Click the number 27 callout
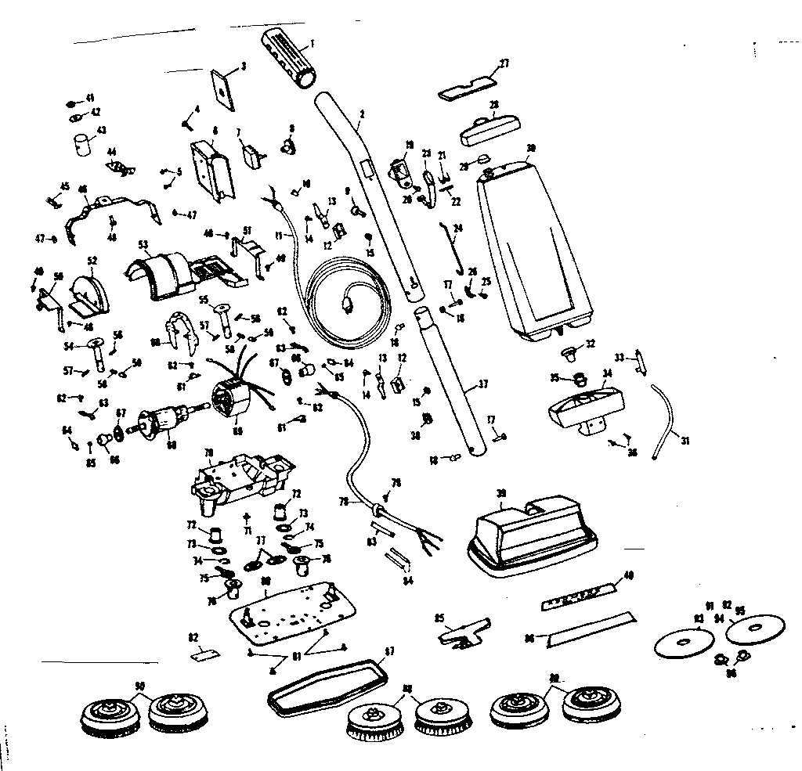[505, 63]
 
